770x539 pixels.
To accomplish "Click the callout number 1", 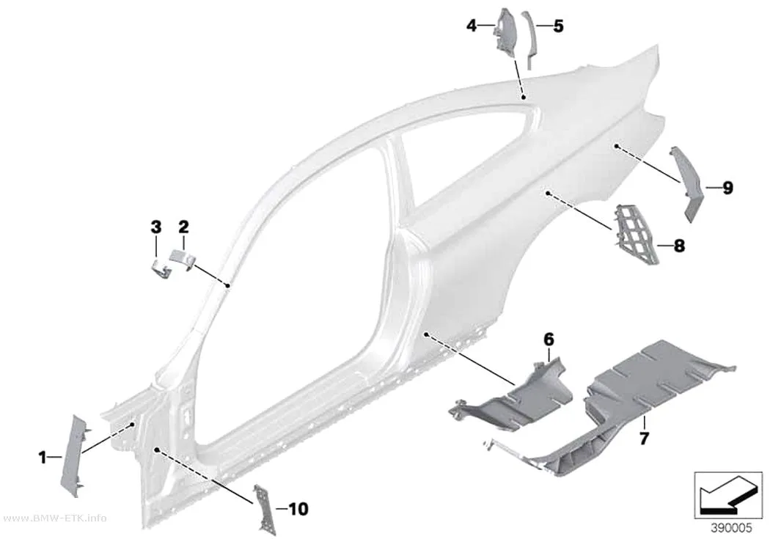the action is pyautogui.click(x=43, y=458).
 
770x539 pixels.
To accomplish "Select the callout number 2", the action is pyautogui.click(x=183, y=227).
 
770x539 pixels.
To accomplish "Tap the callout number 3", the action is pyautogui.click(x=155, y=227).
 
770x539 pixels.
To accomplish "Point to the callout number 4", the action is pyautogui.click(x=472, y=25).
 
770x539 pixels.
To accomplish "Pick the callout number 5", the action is pyautogui.click(x=558, y=26).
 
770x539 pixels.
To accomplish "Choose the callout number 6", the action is pyautogui.click(x=549, y=339).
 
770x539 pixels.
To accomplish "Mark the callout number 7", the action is pyautogui.click(x=645, y=438).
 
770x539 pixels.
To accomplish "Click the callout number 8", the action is pyautogui.click(x=679, y=246).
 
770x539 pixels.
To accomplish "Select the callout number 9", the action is pyautogui.click(x=727, y=188).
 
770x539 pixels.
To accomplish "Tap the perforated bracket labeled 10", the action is pyautogui.click(x=264, y=510).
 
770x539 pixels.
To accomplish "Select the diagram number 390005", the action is pyautogui.click(x=731, y=528).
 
